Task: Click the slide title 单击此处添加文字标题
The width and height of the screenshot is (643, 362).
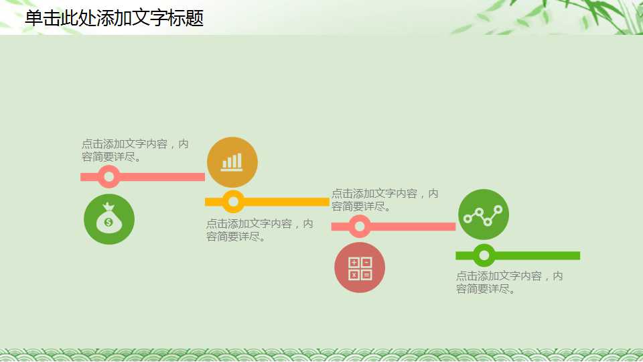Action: [114, 18]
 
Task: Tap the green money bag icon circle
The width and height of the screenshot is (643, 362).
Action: [109, 219]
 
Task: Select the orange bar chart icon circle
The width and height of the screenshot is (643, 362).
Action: [232, 162]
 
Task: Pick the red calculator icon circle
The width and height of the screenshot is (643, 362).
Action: [360, 267]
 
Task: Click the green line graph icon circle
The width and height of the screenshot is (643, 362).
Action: [484, 215]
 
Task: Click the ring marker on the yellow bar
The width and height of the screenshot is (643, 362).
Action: [233, 201]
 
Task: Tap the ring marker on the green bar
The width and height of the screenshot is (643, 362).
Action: [484, 255]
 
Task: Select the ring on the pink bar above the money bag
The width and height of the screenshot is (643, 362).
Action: [109, 177]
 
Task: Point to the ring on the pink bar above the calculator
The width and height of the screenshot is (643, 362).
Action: [360, 227]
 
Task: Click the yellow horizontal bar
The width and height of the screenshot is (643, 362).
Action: [288, 202]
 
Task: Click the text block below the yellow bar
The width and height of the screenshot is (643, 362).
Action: [259, 230]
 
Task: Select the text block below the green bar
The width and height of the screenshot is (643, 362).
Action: [509, 282]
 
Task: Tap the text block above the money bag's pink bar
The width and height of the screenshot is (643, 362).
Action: [135, 151]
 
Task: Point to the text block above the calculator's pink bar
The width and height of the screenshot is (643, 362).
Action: [384, 200]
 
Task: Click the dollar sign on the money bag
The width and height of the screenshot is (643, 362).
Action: [109, 222]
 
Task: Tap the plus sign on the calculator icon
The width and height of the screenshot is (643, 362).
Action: [354, 262]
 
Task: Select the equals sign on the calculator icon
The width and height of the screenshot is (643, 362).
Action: [366, 274]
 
